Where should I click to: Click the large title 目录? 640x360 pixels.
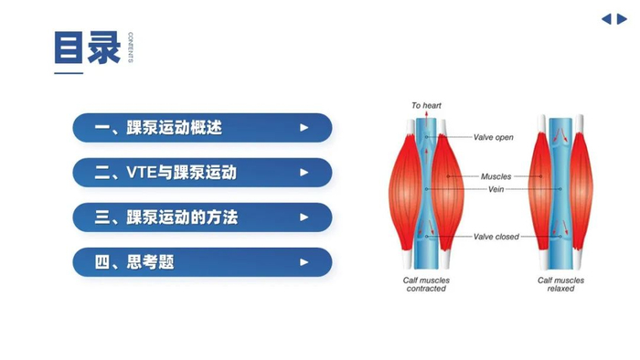tap(88, 48)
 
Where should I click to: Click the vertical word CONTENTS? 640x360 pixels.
tap(130, 48)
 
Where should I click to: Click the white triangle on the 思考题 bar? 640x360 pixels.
tap(304, 262)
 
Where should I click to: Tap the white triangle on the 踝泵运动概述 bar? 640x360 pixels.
tap(304, 128)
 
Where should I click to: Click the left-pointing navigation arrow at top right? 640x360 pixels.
tap(606, 18)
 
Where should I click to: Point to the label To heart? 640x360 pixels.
tap(426, 106)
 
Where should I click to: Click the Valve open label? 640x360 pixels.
tap(493, 138)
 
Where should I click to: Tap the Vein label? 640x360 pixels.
tap(496, 189)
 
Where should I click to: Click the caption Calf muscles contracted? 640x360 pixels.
tap(426, 284)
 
